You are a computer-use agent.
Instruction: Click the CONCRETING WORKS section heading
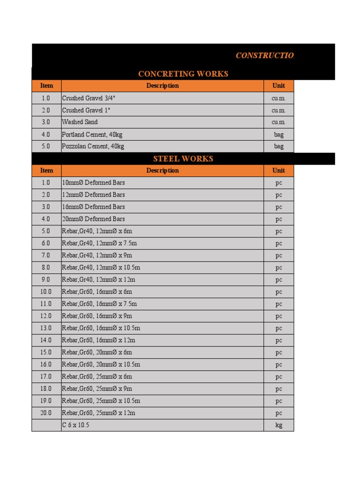[x=183, y=74]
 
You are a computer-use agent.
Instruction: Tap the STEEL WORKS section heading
[x=183, y=159]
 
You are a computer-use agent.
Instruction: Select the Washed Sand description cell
[x=80, y=122]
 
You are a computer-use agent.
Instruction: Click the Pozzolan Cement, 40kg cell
[x=93, y=147]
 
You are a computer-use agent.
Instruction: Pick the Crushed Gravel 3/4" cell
[x=89, y=98]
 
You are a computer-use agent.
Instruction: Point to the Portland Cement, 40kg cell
[x=92, y=135]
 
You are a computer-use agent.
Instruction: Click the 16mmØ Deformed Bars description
[x=94, y=207]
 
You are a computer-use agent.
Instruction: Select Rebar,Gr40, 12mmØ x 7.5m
[x=99, y=243]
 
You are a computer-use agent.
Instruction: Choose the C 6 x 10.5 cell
[x=76, y=425]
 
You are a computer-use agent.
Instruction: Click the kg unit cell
[x=279, y=426]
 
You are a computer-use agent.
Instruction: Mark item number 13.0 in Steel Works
[x=46, y=328]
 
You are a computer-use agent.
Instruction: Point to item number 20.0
[x=46, y=413]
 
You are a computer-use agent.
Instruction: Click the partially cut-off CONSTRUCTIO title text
[x=265, y=56]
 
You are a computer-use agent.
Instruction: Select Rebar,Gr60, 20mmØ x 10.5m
[x=101, y=364]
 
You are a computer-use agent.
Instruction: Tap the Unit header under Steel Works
[x=279, y=171]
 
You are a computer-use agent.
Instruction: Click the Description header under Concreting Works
[x=162, y=86]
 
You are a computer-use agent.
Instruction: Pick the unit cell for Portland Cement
[x=279, y=135]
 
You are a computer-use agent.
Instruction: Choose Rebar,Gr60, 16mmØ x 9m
[x=97, y=316]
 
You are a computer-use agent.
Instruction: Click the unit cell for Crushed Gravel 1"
[x=279, y=111]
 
